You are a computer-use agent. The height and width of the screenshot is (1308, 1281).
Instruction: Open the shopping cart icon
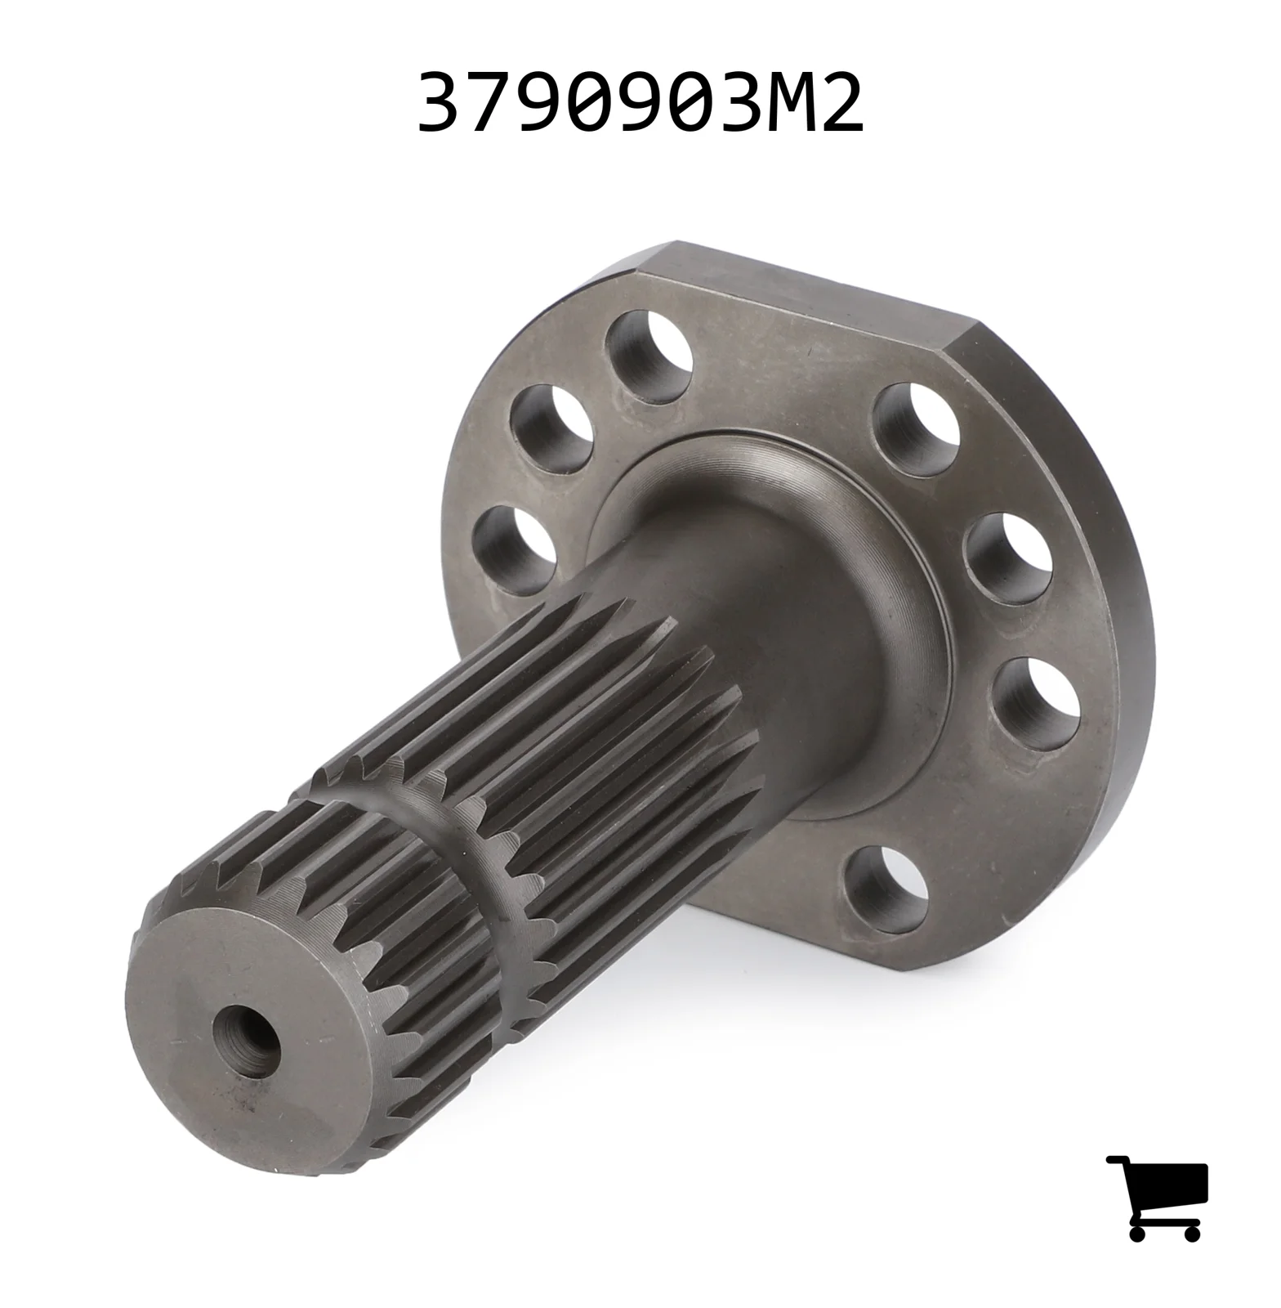[x=1157, y=1198]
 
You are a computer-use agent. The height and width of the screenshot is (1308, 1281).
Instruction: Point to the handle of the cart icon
[x=1117, y=1161]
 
